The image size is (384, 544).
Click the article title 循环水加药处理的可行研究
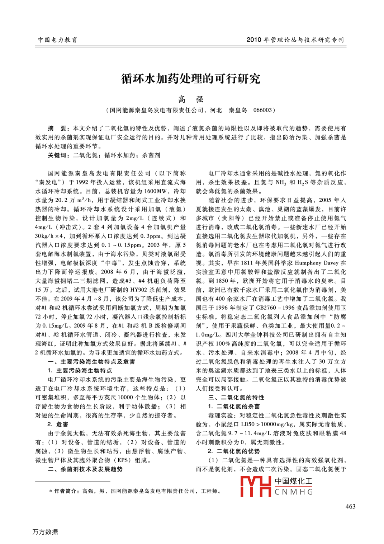point(191,79)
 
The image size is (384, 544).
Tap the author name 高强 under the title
point(191,99)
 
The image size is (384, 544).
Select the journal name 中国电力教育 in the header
point(57,40)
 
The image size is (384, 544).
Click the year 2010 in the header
point(254,40)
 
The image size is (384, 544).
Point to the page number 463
point(350,506)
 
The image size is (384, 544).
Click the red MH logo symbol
point(255,486)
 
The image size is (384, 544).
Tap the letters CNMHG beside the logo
point(294,492)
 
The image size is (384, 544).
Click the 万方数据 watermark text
point(45,532)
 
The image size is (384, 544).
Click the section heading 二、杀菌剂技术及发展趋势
point(85,469)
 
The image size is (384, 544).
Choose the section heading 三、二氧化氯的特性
point(236,398)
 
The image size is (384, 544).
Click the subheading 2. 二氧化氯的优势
point(234,451)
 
